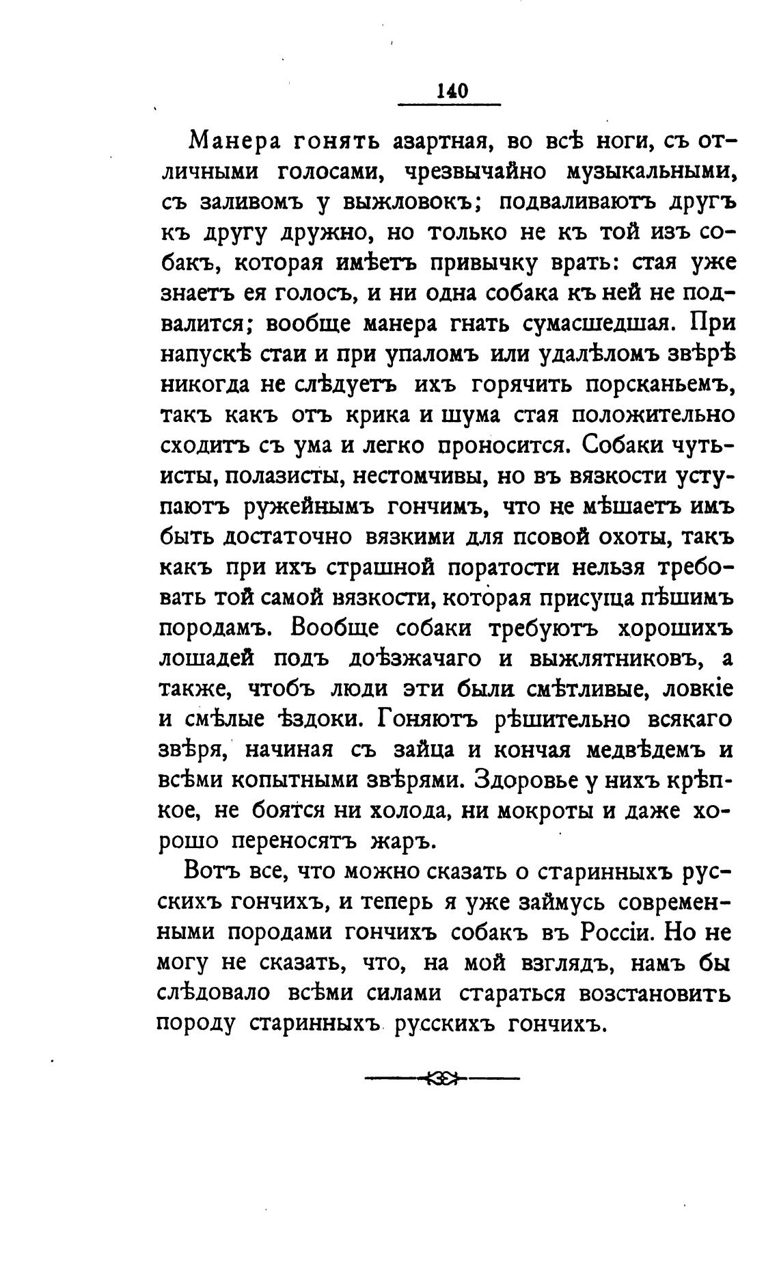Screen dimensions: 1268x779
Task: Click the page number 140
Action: [450, 91]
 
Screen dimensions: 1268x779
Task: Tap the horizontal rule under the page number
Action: [450, 105]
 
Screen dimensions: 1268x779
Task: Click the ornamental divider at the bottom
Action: [442, 1079]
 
